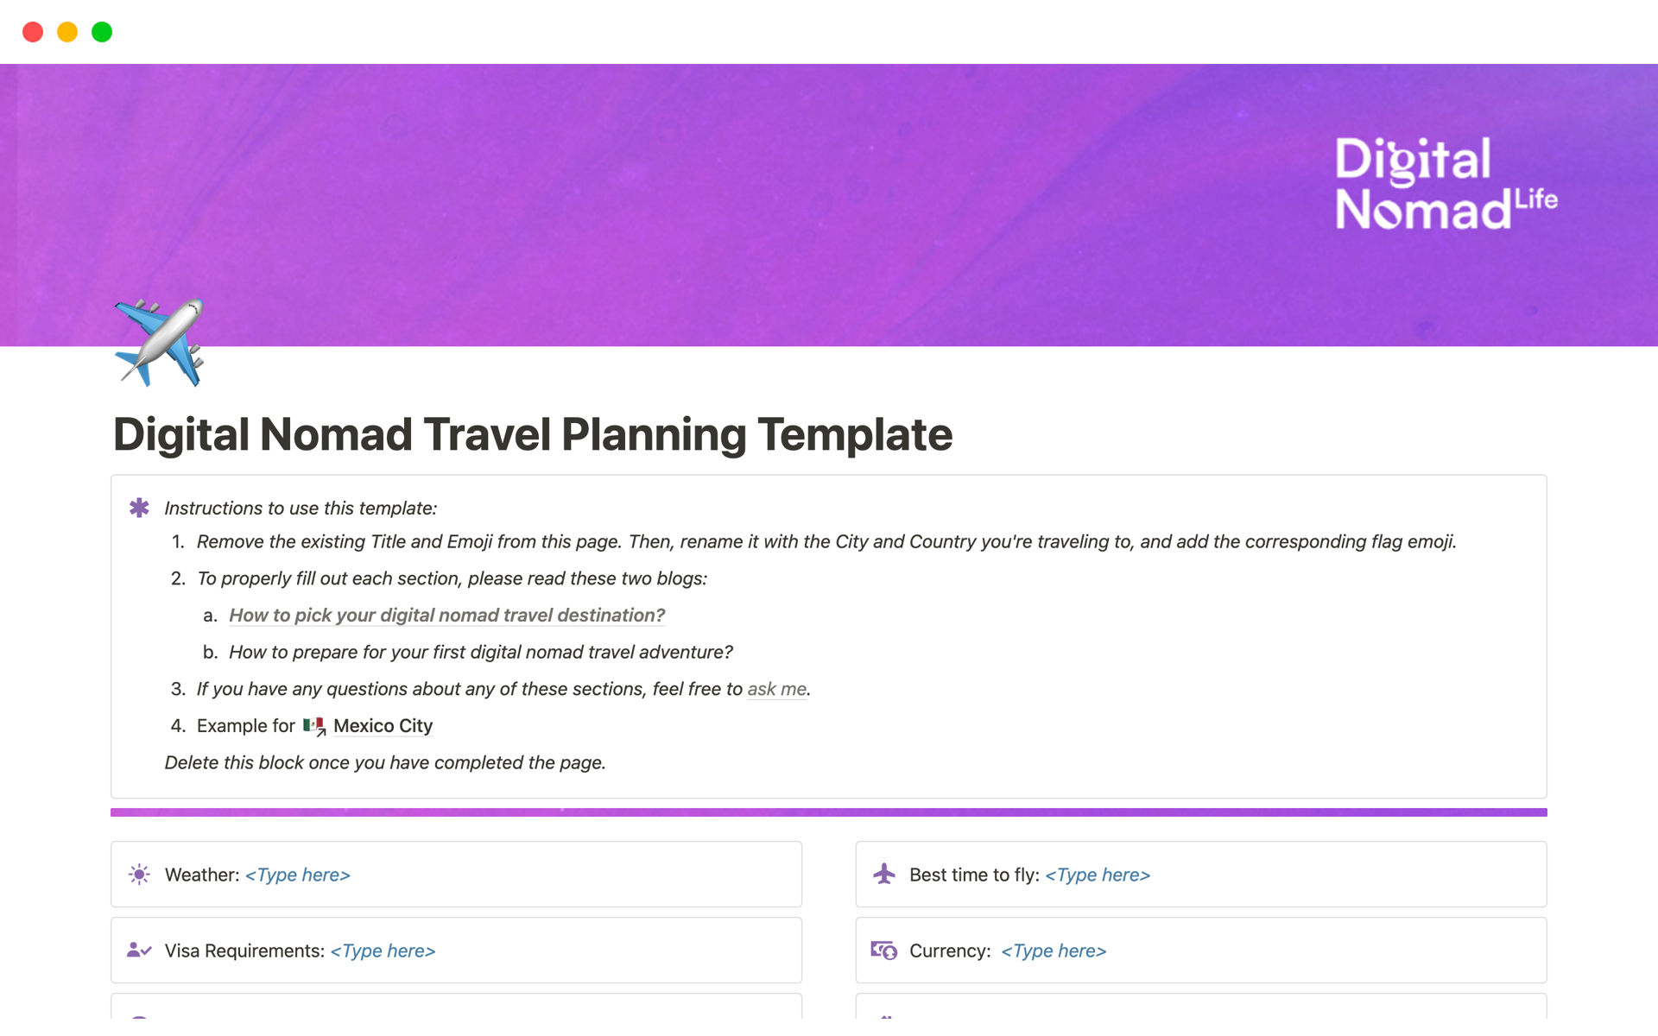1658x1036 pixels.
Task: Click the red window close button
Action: pyautogui.click(x=33, y=32)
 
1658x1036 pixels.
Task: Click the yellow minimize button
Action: pyautogui.click(x=67, y=32)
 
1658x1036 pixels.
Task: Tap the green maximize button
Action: pyautogui.click(x=102, y=32)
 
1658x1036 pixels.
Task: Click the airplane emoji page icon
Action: pyautogui.click(x=159, y=342)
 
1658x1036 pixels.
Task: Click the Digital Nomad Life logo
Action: pyautogui.click(x=1446, y=184)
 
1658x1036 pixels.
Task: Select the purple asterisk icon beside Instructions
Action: pyautogui.click(x=139, y=508)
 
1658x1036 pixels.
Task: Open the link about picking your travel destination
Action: pyautogui.click(x=446, y=616)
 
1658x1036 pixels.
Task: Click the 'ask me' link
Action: pyautogui.click(x=777, y=689)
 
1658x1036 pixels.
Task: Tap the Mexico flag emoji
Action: pyautogui.click(x=313, y=726)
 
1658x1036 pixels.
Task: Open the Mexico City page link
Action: pyautogui.click(x=383, y=726)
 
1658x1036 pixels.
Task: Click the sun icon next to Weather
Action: pyautogui.click(x=139, y=875)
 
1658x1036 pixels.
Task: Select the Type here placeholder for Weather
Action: pyautogui.click(x=298, y=875)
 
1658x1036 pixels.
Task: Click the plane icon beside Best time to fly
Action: pyautogui.click(x=884, y=874)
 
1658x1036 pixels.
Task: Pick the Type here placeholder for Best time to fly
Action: pyautogui.click(x=1098, y=875)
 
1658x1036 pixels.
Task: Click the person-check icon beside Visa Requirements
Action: pyautogui.click(x=139, y=951)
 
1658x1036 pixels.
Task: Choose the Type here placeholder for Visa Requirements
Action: pyautogui.click(x=383, y=951)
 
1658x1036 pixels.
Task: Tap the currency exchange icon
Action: pyautogui.click(x=884, y=951)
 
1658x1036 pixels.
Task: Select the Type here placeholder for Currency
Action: pyautogui.click(x=1054, y=951)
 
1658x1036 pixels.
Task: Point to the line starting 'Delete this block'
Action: pyautogui.click(x=385, y=763)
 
